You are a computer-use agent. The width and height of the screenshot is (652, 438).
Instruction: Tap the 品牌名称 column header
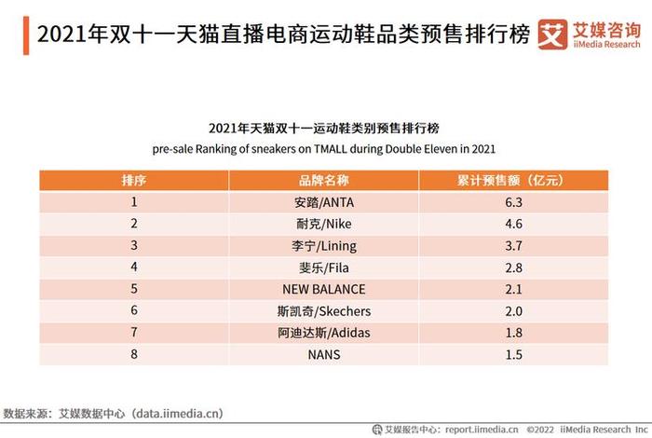[324, 179]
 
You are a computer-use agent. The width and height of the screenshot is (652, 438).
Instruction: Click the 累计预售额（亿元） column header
[512, 179]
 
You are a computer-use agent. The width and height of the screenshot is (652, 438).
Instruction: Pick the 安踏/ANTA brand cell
[324, 201]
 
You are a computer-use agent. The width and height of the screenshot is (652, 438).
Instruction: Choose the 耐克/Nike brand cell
[324, 224]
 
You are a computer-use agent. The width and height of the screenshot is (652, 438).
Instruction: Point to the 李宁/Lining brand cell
[324, 246]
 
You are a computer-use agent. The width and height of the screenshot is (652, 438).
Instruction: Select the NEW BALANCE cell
[324, 290]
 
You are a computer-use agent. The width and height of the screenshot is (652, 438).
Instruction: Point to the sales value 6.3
[512, 201]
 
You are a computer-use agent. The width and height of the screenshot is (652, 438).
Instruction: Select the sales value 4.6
[512, 224]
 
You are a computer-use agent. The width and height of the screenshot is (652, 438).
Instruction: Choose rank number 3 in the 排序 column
[134, 246]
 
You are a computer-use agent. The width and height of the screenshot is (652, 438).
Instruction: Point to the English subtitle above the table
[323, 148]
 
